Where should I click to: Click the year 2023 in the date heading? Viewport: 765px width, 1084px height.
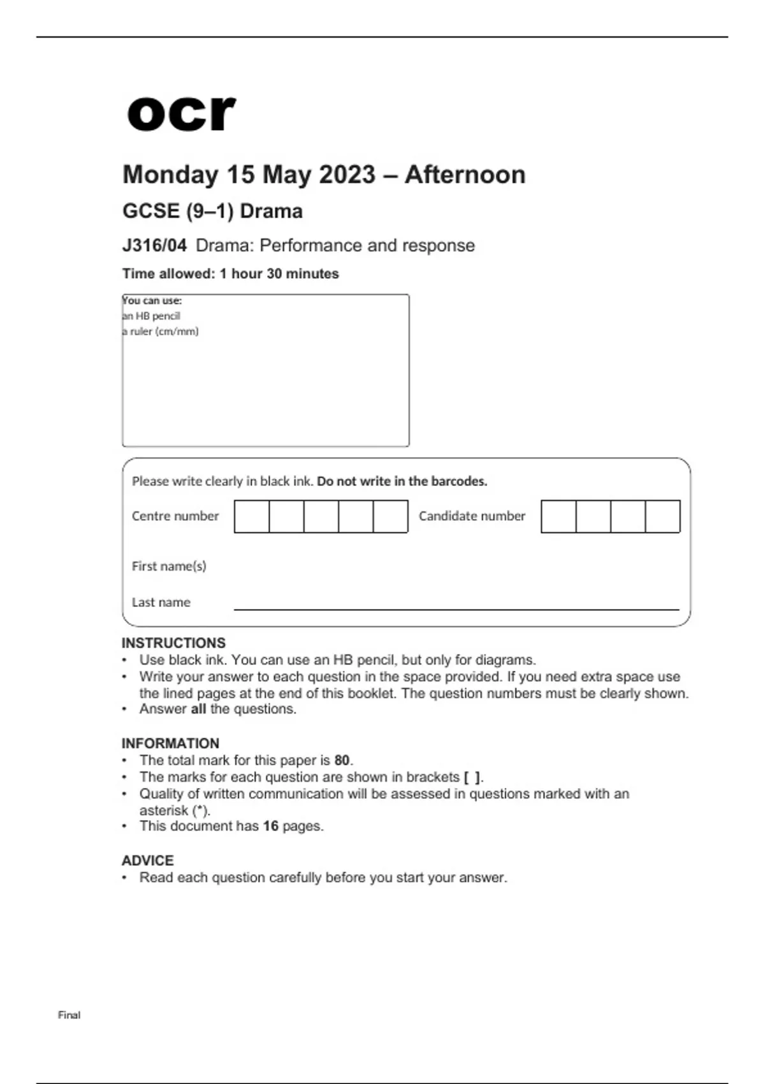coord(347,175)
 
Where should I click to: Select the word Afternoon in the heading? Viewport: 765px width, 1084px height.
coord(465,175)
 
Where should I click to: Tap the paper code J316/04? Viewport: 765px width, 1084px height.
coord(154,245)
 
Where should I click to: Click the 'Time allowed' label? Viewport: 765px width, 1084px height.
coord(168,274)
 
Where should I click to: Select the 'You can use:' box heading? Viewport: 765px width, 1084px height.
coord(152,300)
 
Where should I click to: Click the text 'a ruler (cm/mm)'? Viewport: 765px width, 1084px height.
coord(161,332)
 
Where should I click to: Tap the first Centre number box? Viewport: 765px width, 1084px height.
coord(252,516)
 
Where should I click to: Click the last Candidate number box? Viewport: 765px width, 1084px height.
coord(662,516)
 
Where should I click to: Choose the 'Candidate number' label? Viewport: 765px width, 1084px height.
coord(472,516)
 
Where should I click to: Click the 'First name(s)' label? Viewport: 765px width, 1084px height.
coord(169,566)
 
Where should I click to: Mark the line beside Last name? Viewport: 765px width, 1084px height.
coord(456,608)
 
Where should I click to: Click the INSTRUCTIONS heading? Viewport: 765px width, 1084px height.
coord(173,643)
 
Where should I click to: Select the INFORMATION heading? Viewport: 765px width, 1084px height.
coord(170,743)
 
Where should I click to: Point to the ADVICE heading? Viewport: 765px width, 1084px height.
coord(147,861)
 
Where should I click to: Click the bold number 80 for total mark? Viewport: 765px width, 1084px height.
coord(342,761)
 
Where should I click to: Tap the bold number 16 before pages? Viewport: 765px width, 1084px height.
coord(271,826)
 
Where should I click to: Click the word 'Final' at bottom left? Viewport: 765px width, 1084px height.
coord(69,1015)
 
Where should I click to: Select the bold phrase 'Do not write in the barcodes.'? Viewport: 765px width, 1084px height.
coord(402,481)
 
